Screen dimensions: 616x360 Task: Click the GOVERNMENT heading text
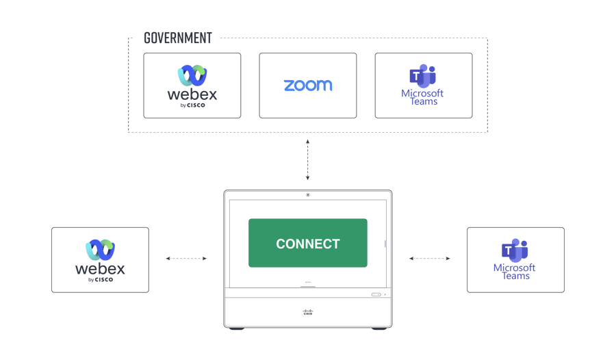coord(177,38)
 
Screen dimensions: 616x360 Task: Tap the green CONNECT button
coord(308,243)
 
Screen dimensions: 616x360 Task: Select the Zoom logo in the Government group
coord(308,86)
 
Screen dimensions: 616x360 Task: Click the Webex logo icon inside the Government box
coord(192,75)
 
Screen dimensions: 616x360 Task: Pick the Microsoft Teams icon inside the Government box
coord(423,76)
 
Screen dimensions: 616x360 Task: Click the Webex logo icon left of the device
coord(101,250)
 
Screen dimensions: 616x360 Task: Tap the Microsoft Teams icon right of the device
coord(515,250)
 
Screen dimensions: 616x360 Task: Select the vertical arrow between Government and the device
coord(307,160)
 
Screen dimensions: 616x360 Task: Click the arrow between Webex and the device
coord(186,259)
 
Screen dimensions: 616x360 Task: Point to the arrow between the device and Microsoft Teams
coord(430,259)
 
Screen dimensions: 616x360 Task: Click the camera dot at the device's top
coord(308,195)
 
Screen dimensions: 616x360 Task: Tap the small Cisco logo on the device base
coord(308,312)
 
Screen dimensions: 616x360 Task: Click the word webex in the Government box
coord(192,94)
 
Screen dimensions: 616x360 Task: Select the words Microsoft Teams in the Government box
coord(423,97)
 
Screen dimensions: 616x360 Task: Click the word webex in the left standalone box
coord(100,269)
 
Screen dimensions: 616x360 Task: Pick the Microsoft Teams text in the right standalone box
coord(515,272)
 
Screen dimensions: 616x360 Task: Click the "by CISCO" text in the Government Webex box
coord(192,105)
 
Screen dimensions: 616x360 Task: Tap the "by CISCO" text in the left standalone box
coord(101,280)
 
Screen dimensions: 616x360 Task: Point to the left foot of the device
coord(237,329)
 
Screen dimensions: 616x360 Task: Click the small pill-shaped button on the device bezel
coord(376,294)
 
